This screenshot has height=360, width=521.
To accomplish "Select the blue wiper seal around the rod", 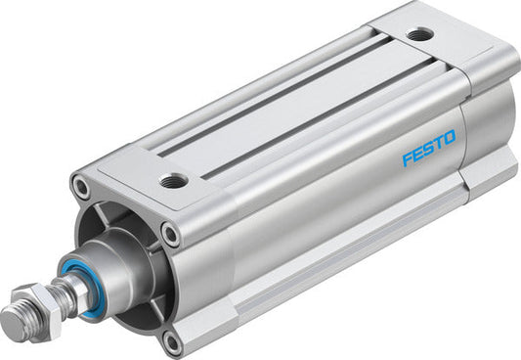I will coord(80,287).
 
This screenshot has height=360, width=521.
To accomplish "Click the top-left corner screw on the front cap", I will coord(80,184).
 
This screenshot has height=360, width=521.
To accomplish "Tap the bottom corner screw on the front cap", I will coord(172,339).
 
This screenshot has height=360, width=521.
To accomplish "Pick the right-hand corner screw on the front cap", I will coord(171,234).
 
